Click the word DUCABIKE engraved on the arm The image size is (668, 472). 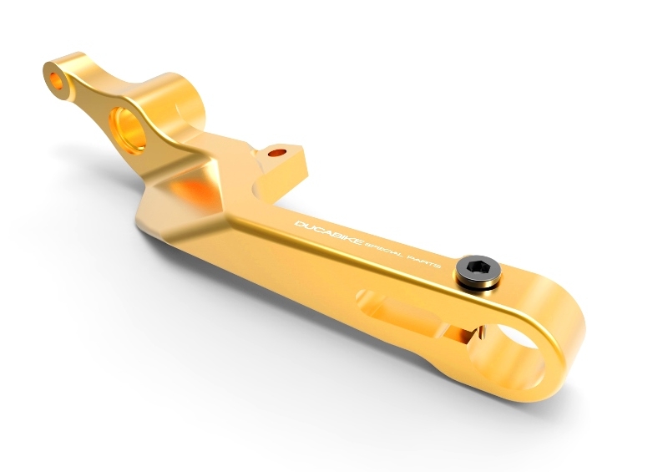tap(328, 233)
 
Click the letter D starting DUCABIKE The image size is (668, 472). tap(300, 224)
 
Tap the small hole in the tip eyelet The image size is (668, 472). tap(56, 81)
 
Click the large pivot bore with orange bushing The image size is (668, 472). tap(128, 129)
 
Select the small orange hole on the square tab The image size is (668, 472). tap(277, 152)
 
